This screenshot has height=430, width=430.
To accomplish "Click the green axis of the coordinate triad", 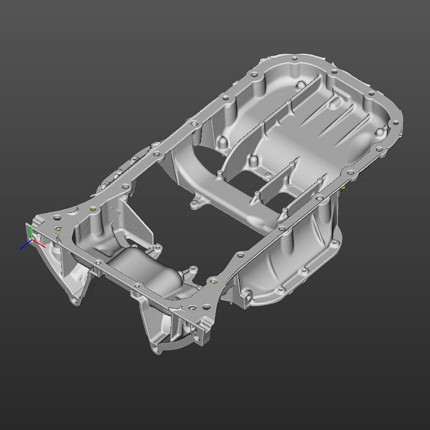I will click(x=32, y=233).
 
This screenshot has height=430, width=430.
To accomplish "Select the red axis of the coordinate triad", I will click(x=38, y=242).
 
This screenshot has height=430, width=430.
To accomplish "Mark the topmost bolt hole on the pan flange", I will click(x=292, y=58).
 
